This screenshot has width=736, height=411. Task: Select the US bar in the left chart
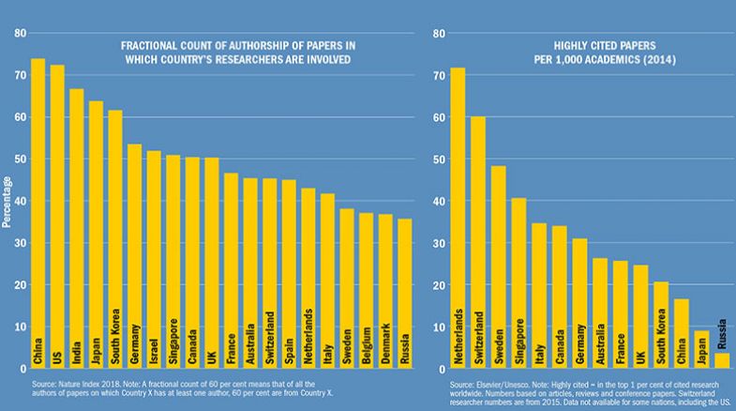[57, 216]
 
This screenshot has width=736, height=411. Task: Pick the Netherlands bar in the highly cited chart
[458, 217]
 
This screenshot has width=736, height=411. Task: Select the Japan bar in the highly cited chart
[700, 348]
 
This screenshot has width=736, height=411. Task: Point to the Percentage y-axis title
[7, 201]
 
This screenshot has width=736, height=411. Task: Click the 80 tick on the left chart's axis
[17, 34]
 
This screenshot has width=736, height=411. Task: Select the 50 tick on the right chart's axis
[439, 160]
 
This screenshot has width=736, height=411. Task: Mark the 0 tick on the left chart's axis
[20, 369]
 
